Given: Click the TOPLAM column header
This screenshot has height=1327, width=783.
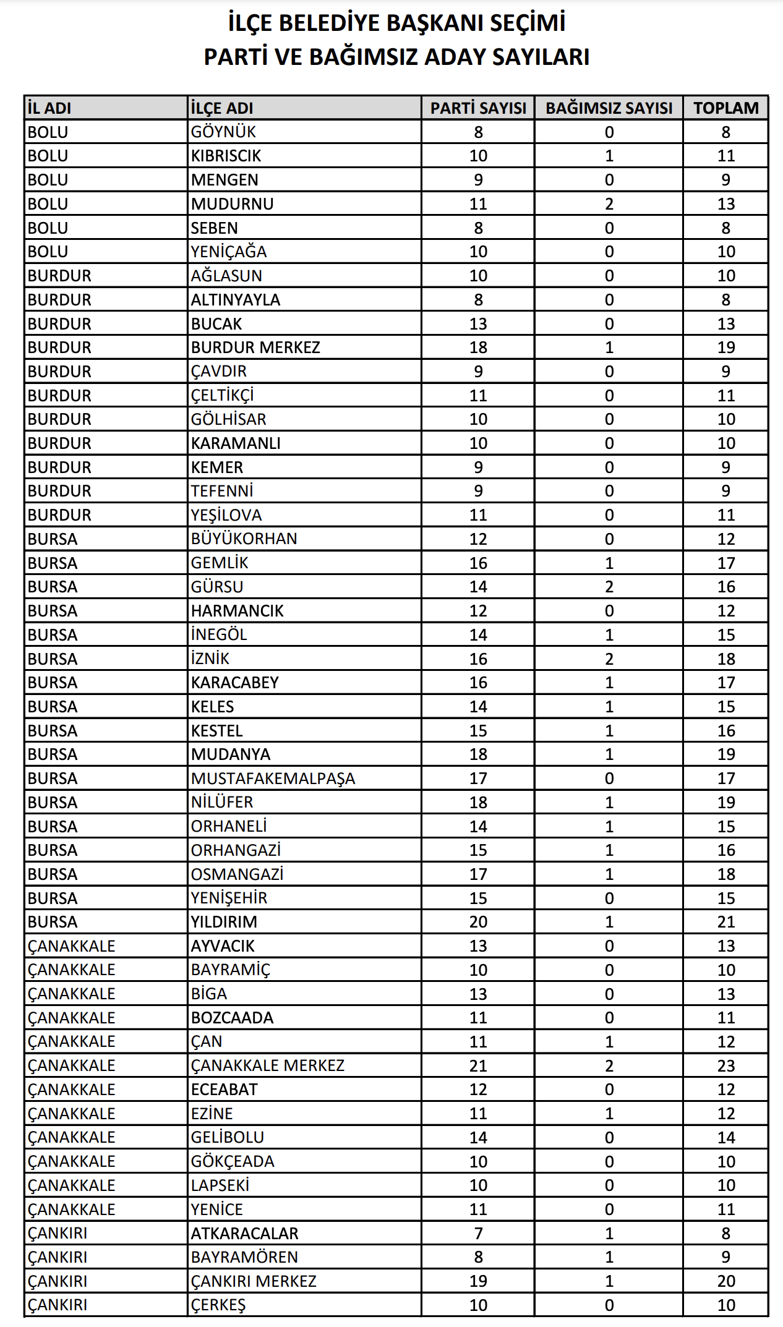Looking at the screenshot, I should point(725,108).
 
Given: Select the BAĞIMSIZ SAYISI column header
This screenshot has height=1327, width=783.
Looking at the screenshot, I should point(609,108).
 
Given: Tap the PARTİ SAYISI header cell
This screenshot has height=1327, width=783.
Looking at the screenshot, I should point(478,108).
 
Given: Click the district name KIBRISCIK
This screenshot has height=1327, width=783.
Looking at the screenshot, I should point(226,156).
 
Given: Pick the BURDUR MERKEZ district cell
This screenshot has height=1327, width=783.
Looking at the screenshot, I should point(255,348).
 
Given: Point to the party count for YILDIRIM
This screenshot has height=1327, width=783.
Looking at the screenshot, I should point(478,922).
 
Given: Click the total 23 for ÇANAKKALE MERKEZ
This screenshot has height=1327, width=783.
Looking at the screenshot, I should point(725,1065).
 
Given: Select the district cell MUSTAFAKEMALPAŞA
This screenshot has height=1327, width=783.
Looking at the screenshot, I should point(273,779).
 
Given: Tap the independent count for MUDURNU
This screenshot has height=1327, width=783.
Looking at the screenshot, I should point(609,204).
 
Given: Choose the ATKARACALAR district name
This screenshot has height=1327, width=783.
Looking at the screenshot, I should point(244,1234).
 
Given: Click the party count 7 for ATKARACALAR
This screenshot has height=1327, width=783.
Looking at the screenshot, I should point(478,1234).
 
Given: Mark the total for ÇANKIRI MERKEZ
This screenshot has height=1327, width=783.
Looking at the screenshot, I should point(725,1281).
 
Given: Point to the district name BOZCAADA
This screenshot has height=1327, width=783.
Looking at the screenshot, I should point(232,1018).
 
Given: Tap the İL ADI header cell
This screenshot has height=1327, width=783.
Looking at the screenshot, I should point(49,108).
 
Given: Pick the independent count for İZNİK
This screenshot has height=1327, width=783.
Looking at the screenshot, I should point(609,659).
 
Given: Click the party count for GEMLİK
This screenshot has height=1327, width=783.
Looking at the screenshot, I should point(478,563).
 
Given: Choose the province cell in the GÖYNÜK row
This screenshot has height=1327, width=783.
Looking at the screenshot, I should point(48,132).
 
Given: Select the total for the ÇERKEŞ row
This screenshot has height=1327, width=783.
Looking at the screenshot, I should point(725,1305).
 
